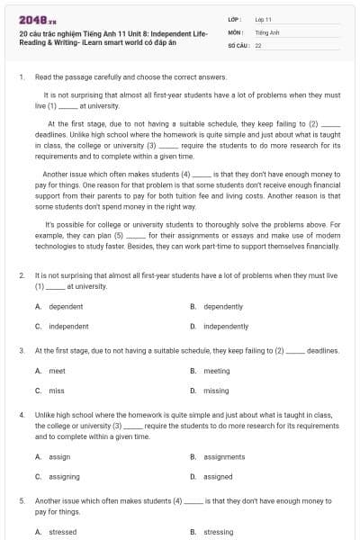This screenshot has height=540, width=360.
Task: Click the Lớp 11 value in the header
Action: (264, 19)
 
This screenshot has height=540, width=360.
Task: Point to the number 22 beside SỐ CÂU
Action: (258, 44)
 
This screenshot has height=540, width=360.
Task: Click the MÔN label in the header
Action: (233, 31)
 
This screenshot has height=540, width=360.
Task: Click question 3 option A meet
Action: (57, 371)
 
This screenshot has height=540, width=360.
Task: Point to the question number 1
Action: (21, 77)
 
